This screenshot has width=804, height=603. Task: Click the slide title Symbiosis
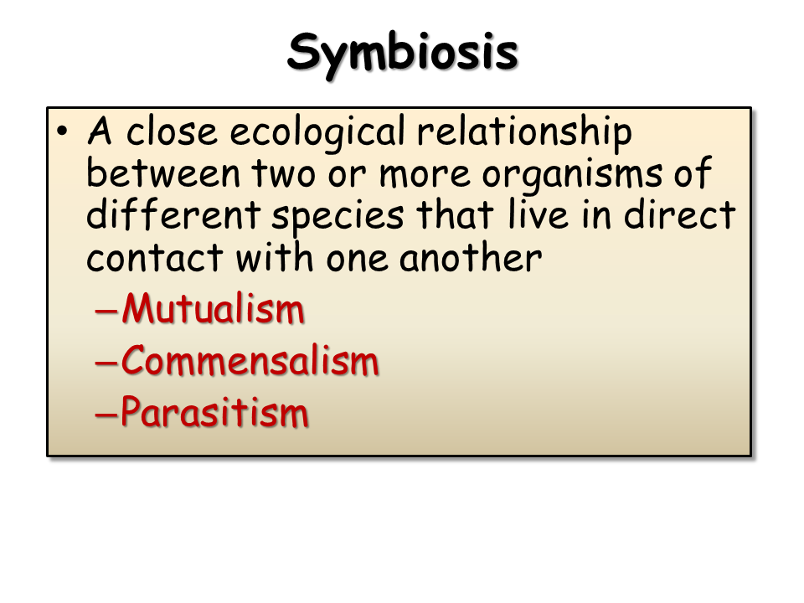[x=403, y=54]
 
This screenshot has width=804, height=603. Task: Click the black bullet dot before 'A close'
[x=62, y=131]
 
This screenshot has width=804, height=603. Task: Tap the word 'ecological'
[x=317, y=133]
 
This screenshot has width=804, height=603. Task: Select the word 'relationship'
[x=524, y=133]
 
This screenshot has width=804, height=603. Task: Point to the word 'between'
[x=163, y=173]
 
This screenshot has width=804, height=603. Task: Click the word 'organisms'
[x=572, y=176]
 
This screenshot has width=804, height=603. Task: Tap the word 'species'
[x=338, y=218]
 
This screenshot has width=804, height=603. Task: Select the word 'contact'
[x=154, y=257]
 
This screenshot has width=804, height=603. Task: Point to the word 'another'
[x=470, y=257]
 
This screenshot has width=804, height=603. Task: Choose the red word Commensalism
[x=250, y=361]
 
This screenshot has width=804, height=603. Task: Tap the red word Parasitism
[x=215, y=412]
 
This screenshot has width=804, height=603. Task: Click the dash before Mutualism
[x=106, y=311]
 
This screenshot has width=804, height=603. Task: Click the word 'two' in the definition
[x=284, y=174]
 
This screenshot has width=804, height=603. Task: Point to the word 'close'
[x=171, y=132]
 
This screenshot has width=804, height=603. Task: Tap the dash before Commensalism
[x=106, y=363]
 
